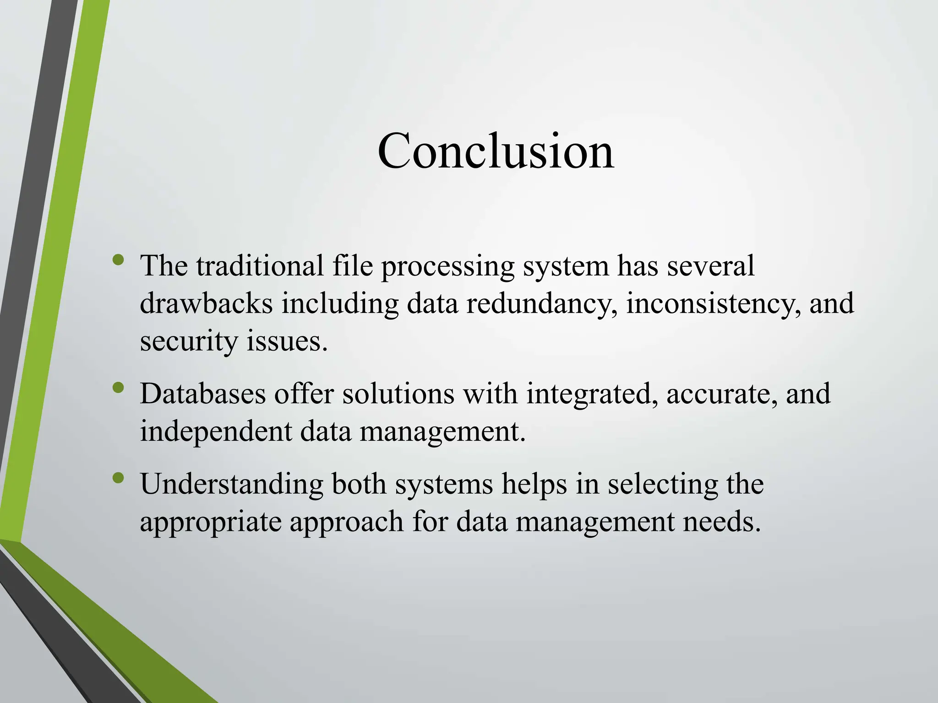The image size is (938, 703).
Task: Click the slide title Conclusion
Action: point(496,151)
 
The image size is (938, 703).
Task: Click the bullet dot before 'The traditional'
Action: point(118,260)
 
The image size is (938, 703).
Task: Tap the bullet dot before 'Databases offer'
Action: point(118,388)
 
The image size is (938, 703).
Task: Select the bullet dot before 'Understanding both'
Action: point(118,478)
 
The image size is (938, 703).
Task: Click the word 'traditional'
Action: point(260,265)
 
